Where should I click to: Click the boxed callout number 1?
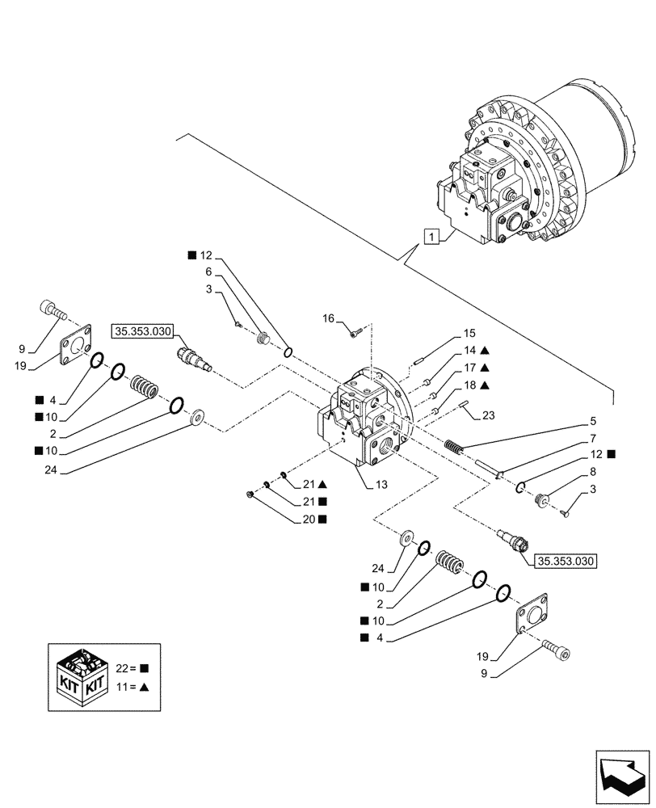click(434, 238)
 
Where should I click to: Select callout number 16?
click(328, 320)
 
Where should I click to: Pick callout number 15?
click(469, 334)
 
